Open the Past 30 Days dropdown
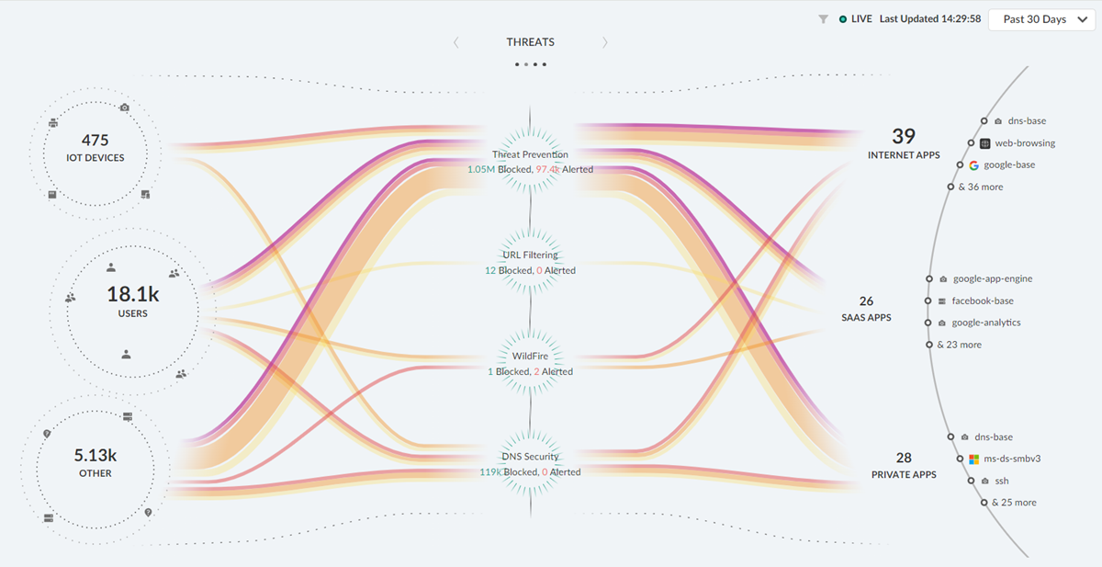(1041, 19)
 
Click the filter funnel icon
(824, 19)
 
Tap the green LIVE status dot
(843, 19)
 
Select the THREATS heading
(530, 42)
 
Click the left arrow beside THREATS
(456, 42)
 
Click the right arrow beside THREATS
(604, 42)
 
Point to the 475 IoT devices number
(95, 141)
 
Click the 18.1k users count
(132, 295)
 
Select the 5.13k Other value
(95, 455)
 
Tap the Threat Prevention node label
(530, 154)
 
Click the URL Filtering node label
(530, 255)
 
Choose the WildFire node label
(530, 356)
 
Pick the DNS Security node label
(530, 457)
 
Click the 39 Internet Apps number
(904, 137)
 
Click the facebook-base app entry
(983, 301)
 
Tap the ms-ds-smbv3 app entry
(1011, 459)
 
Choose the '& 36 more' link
(980, 187)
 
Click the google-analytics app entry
(985, 323)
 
